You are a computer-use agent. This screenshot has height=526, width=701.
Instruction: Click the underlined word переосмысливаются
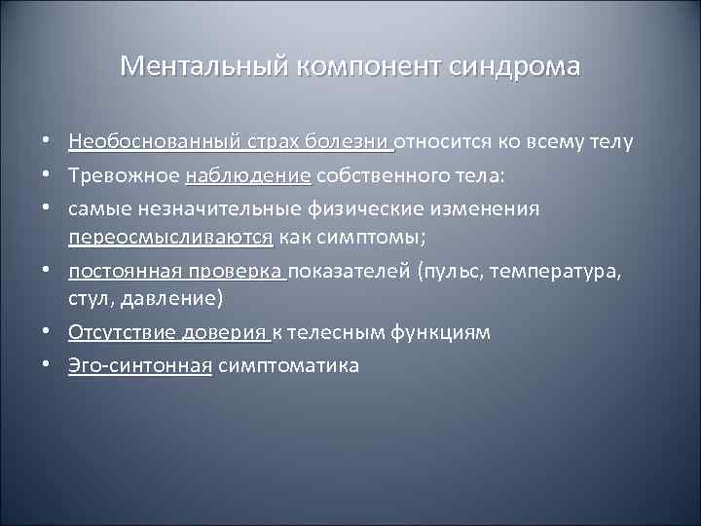tap(171, 239)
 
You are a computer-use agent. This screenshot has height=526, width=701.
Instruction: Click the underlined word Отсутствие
tap(121, 333)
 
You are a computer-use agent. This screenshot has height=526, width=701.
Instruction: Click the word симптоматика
tap(288, 365)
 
